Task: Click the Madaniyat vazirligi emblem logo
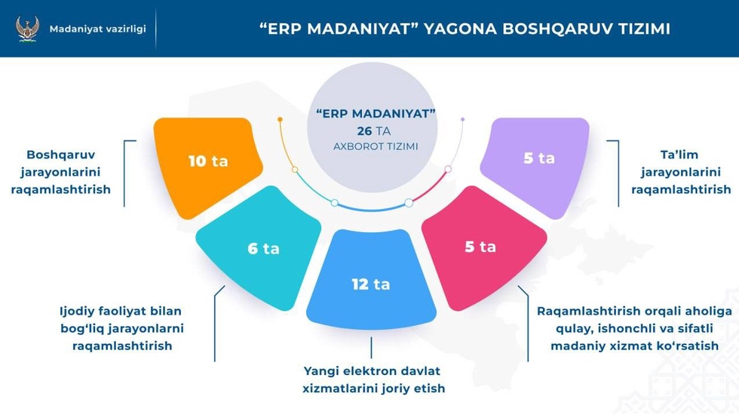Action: click(x=27, y=29)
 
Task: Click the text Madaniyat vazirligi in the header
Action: click(x=97, y=29)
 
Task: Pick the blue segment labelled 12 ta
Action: click(x=371, y=279)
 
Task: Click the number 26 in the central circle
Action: click(x=364, y=131)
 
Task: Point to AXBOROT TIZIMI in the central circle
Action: click(x=376, y=146)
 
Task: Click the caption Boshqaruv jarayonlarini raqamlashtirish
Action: click(x=61, y=172)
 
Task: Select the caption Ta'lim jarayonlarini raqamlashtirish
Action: click(x=680, y=172)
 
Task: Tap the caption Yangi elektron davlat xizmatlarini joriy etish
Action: click(x=373, y=380)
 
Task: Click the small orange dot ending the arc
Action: click(x=280, y=120)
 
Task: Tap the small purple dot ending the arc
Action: click(x=463, y=120)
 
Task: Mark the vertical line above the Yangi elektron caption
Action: click(x=371, y=347)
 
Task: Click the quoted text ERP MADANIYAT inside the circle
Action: click(x=376, y=114)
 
